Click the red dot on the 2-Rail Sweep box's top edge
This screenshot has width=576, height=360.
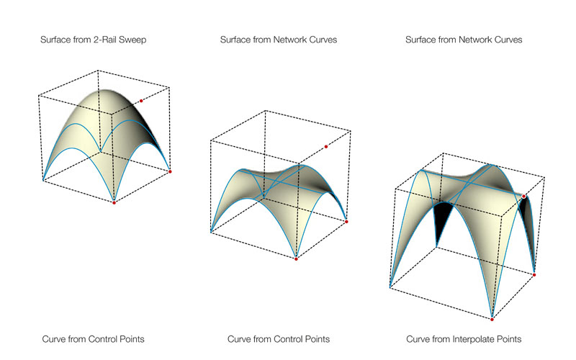142,100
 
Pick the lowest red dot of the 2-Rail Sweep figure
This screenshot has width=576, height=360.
114,203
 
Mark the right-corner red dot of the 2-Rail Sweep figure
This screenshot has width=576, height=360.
170,171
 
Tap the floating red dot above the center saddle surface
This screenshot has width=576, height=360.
325,147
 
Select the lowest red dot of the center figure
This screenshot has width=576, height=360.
296,259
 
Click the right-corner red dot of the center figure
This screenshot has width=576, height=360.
348,221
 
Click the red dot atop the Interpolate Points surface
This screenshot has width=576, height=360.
524,197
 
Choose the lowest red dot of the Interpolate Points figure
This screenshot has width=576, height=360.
492,319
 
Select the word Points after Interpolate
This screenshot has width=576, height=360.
506,338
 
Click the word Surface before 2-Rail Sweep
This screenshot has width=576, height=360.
56,40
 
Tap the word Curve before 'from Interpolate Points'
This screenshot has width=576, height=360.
419,338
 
